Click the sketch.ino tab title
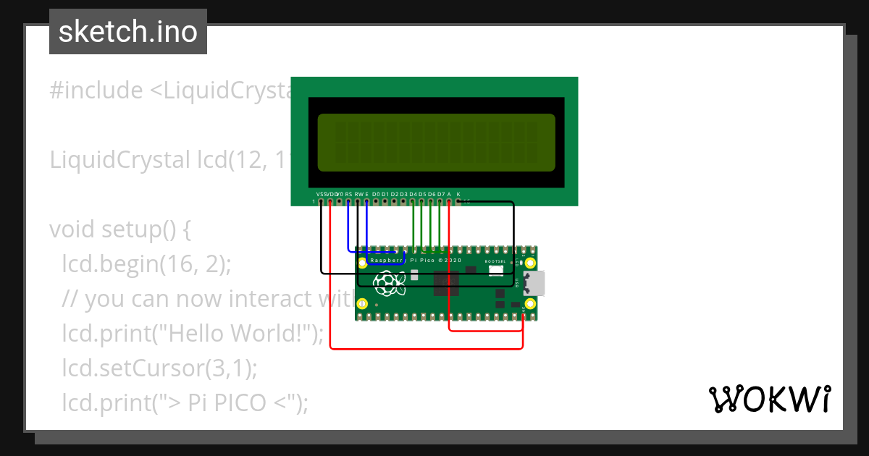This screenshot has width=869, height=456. (128, 32)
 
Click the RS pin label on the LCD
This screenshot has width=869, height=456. (348, 194)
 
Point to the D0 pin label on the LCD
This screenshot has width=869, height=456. (376, 194)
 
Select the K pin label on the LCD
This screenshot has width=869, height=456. (458, 194)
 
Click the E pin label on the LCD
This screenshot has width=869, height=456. (367, 194)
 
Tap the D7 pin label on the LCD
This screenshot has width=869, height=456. (440, 194)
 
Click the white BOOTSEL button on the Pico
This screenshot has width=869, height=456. (496, 271)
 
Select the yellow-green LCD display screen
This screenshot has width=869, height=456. (436, 143)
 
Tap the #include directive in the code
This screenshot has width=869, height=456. (96, 90)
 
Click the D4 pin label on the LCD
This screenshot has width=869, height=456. (413, 194)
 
